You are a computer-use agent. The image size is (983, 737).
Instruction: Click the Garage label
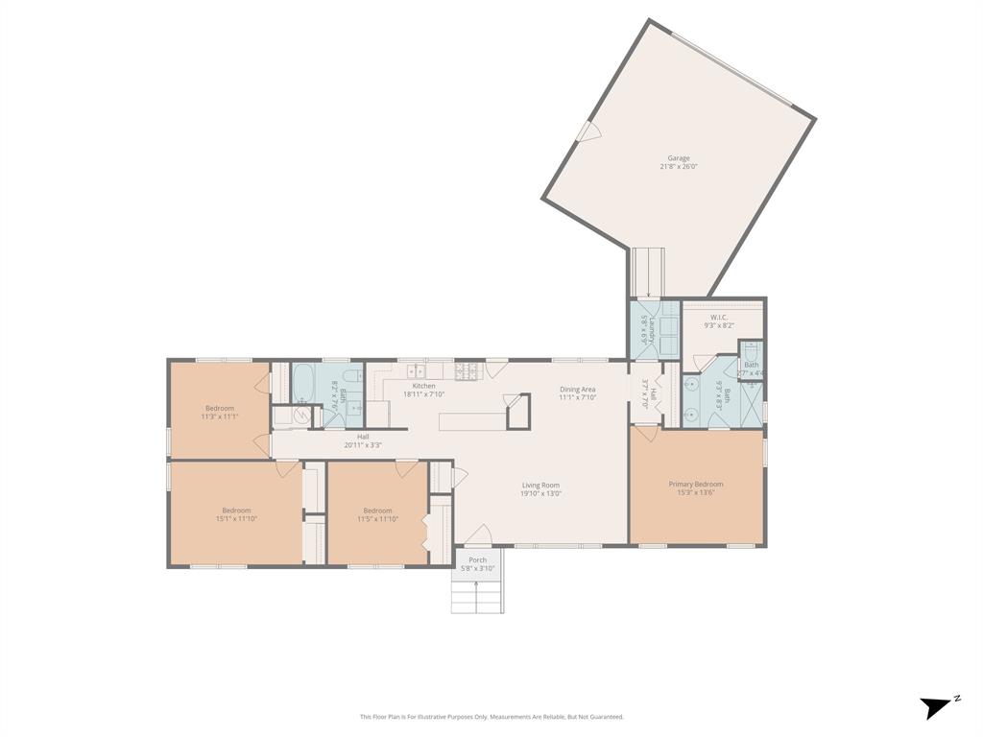click(x=679, y=158)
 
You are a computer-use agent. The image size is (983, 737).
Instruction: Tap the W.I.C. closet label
click(x=719, y=318)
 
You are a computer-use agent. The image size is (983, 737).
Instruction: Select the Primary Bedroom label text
click(x=696, y=485)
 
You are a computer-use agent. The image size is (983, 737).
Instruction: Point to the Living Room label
click(x=540, y=486)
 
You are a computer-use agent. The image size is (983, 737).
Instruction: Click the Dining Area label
click(x=578, y=389)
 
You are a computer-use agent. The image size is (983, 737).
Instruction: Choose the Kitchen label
click(x=424, y=386)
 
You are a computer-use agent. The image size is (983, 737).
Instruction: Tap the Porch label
click(x=477, y=559)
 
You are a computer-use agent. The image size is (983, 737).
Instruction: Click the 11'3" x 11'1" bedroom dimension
click(x=219, y=416)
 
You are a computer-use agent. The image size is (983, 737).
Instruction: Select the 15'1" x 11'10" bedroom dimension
click(x=236, y=518)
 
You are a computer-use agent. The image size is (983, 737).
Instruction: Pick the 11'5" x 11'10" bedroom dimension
click(x=377, y=518)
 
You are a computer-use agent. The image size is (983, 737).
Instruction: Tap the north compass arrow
click(x=935, y=707)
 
